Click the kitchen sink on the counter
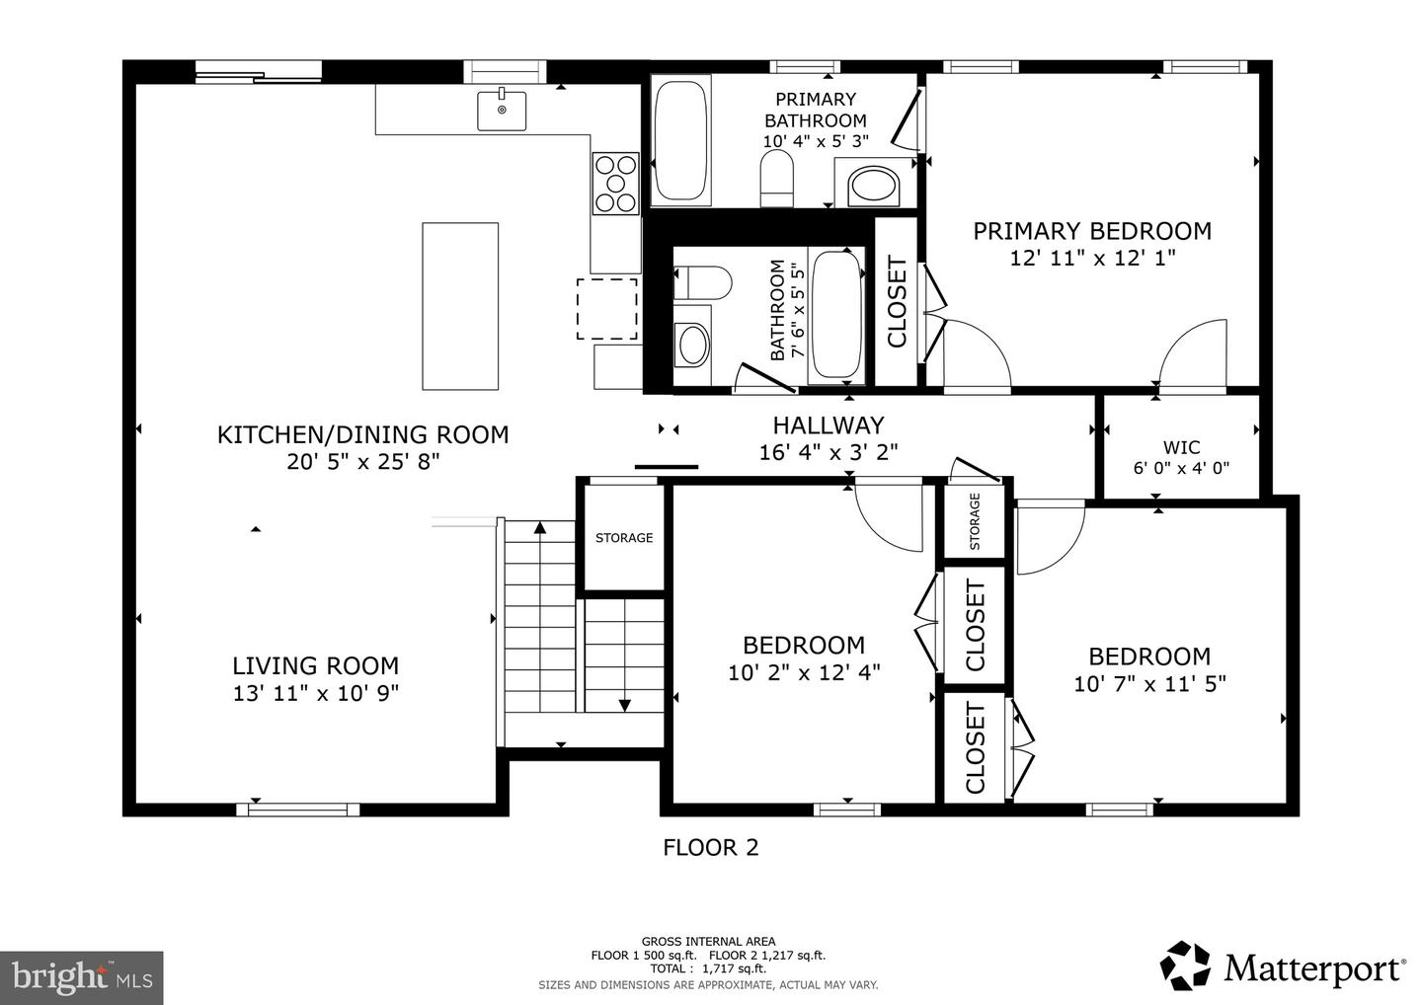click(x=502, y=110)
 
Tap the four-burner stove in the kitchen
click(x=615, y=183)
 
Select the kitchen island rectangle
click(x=460, y=306)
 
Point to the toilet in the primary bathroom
click(x=777, y=179)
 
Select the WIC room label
click(x=1181, y=447)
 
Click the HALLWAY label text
click(x=828, y=425)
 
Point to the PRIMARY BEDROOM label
click(x=1092, y=231)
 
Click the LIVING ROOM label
click(x=315, y=666)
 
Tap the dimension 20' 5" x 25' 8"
click(x=362, y=462)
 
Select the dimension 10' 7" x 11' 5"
click(x=1149, y=683)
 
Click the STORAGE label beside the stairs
click(x=623, y=538)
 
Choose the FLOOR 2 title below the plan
click(x=710, y=847)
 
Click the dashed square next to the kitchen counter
click(x=607, y=309)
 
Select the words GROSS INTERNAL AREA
click(x=708, y=941)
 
